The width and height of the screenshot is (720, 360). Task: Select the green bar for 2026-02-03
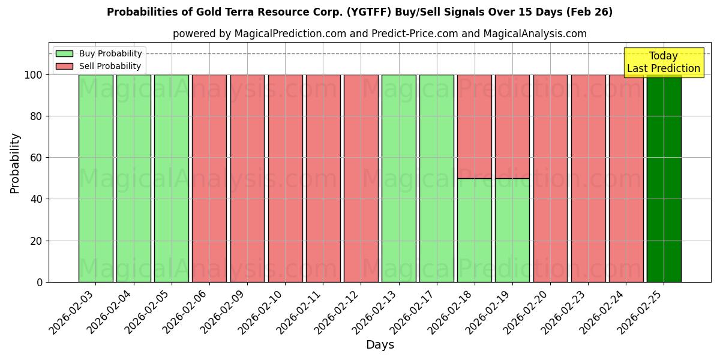95,178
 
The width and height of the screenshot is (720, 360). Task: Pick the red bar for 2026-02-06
209,178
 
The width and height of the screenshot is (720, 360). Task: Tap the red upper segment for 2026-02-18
475,126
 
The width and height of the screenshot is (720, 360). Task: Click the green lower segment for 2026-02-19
512,230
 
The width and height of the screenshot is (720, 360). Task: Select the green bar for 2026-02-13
399,178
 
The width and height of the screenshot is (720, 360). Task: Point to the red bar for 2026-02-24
626,178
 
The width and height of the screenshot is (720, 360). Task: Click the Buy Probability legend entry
99,53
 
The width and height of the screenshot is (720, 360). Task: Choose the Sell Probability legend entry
99,66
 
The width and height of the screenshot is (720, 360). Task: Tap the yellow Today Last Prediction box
663,62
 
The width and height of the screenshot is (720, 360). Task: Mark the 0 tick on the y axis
40,282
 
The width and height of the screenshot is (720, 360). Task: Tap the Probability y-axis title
15,163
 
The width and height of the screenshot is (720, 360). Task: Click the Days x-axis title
380,345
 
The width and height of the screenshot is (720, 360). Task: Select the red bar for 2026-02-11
323,178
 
